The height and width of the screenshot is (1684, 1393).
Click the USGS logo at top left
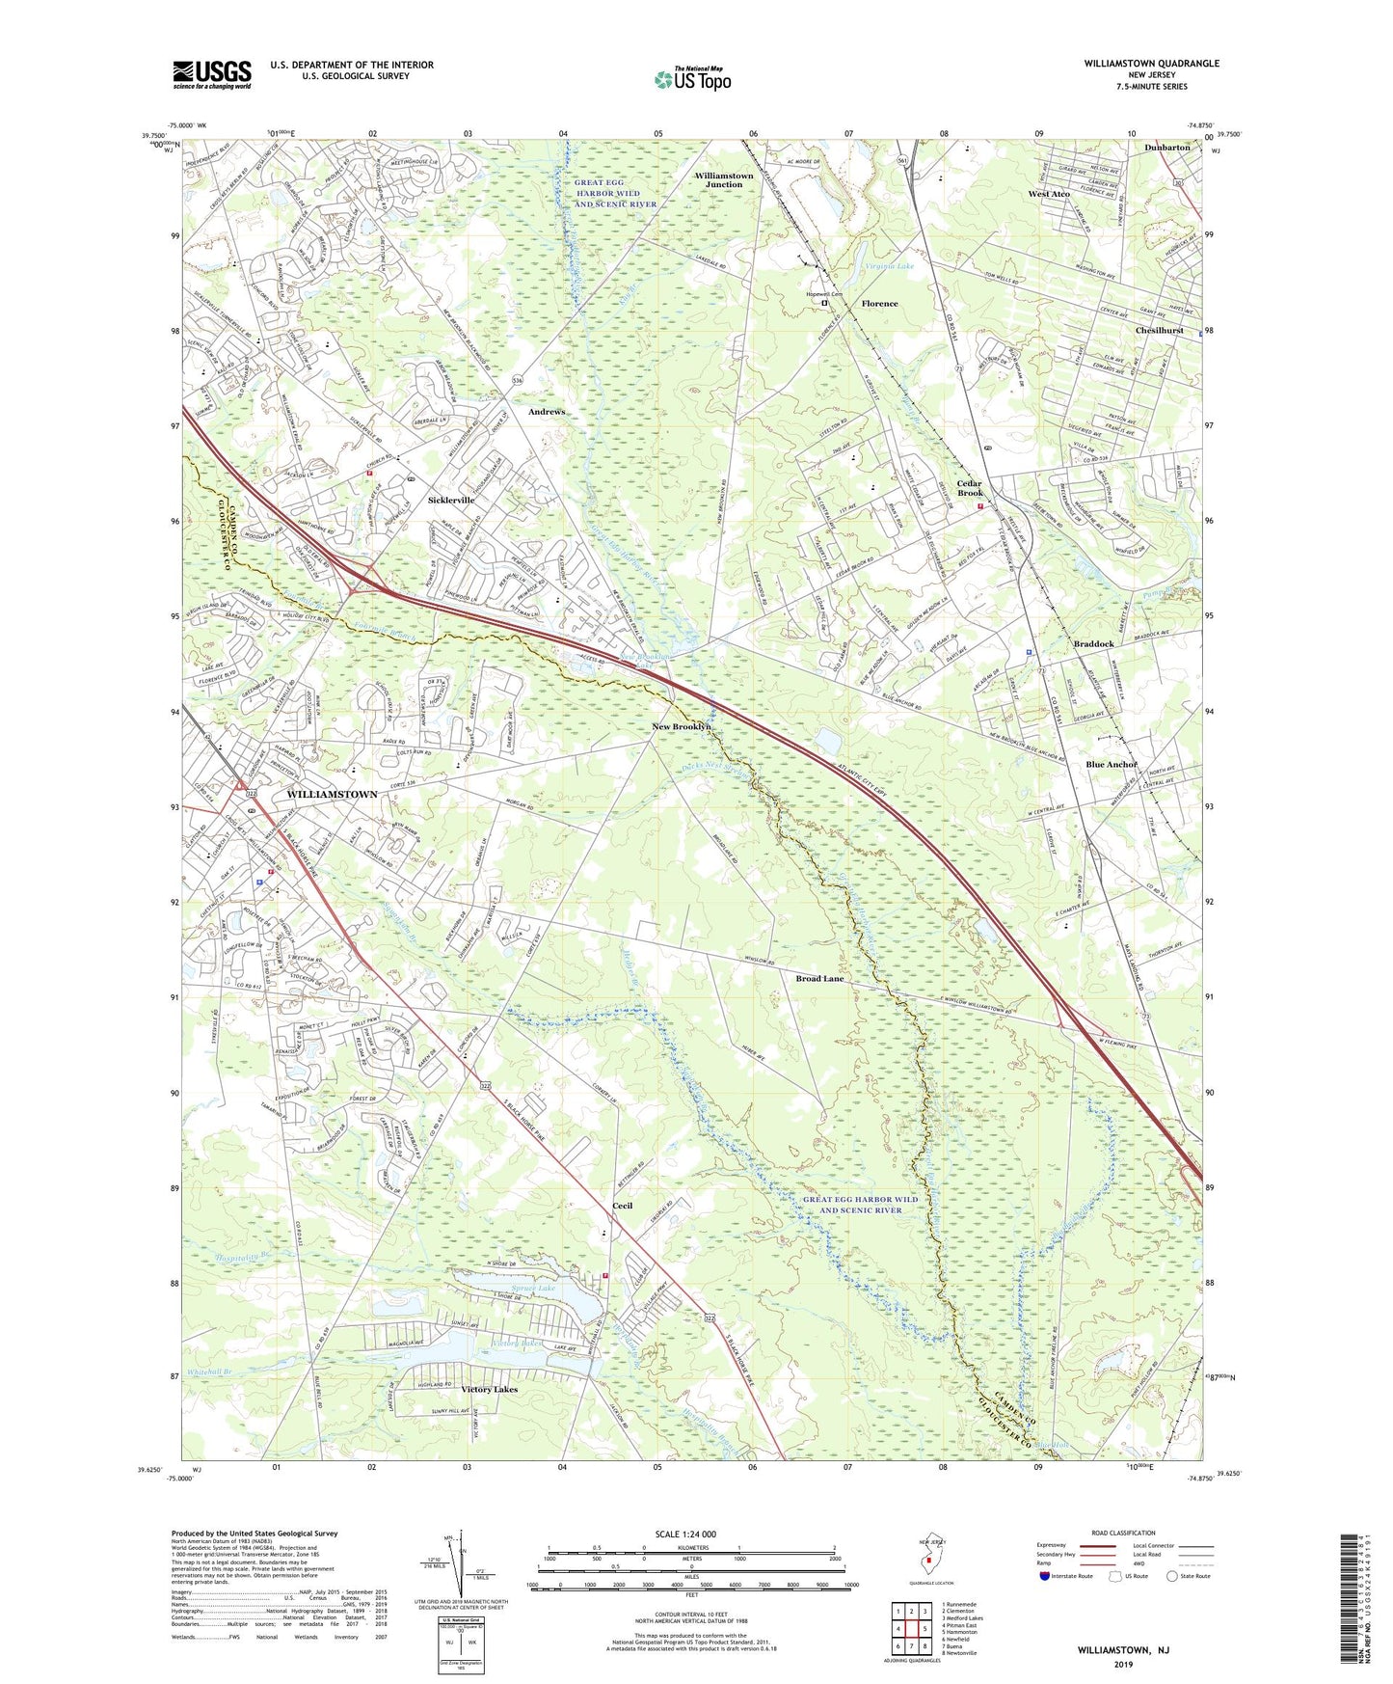pyautogui.click(x=212, y=74)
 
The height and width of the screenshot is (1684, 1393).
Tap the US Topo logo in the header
pyautogui.click(x=692, y=79)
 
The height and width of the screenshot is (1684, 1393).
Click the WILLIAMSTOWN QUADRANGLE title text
pyautogui.click(x=1150, y=64)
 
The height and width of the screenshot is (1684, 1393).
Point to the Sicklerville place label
pyautogui.click(x=451, y=501)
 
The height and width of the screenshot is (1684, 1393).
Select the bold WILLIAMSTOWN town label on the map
pyautogui.click(x=332, y=794)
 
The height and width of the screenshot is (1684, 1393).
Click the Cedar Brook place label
pyautogui.click(x=969, y=489)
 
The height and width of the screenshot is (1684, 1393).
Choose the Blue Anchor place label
pyautogui.click(x=1112, y=765)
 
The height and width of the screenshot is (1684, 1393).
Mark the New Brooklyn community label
pyautogui.click(x=682, y=726)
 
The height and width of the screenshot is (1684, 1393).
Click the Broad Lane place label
pyautogui.click(x=819, y=979)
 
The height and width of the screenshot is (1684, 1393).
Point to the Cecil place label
pyautogui.click(x=623, y=1206)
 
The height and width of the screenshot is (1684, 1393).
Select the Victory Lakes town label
pyautogui.click(x=489, y=1390)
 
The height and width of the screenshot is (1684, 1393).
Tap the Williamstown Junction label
pyautogui.click(x=724, y=179)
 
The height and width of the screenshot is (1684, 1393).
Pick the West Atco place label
pyautogui.click(x=1049, y=194)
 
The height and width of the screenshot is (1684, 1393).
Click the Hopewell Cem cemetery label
pyautogui.click(x=824, y=294)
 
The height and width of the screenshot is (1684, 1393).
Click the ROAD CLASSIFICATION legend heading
pyautogui.click(x=1123, y=1533)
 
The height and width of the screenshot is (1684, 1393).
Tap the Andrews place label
pyautogui.click(x=547, y=412)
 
